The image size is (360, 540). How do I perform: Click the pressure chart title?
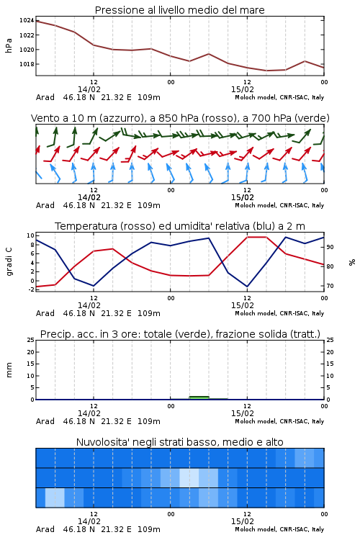(180, 10)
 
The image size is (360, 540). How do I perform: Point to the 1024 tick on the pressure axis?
(27, 20)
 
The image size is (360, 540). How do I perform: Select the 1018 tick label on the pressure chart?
(27, 64)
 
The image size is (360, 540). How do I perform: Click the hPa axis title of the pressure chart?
(9, 45)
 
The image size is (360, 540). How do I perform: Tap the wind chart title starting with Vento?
(180, 118)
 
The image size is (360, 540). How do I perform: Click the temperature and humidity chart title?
(180, 226)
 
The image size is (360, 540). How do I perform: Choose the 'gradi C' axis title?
(9, 262)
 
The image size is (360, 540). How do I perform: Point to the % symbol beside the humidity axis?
(352, 262)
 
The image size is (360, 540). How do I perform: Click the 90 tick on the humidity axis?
(330, 247)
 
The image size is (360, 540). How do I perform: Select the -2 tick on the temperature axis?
(31, 289)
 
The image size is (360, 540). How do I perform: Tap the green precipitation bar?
(199, 397)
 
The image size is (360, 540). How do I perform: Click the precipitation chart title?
(180, 334)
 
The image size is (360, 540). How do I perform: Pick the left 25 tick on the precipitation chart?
(31, 340)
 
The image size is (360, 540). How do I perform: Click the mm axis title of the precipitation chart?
(9, 370)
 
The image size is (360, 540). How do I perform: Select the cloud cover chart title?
(180, 442)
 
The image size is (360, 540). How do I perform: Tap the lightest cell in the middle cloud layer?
(189, 477)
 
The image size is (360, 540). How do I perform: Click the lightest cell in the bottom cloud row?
(55, 498)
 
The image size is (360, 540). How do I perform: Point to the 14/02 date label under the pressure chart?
(89, 89)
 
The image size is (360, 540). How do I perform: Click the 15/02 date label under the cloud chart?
(243, 521)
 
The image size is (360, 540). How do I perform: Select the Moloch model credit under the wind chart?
(279, 205)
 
